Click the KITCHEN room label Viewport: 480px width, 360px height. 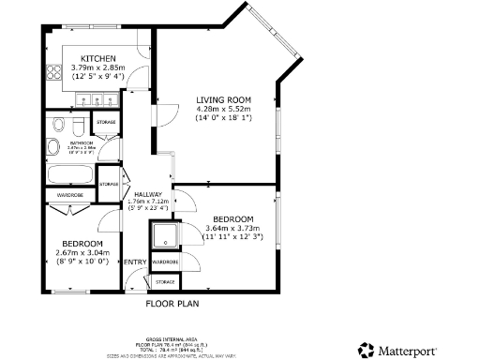tap(98, 58)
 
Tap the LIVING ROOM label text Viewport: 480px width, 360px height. tap(224, 99)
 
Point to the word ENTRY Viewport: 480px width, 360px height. tap(135, 262)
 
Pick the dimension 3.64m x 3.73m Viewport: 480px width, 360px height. tap(231, 228)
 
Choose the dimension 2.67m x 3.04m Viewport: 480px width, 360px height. tap(83, 252)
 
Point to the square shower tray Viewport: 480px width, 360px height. tap(165, 234)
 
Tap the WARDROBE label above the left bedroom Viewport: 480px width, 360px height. tap(70, 195)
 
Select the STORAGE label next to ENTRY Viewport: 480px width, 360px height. tap(165, 281)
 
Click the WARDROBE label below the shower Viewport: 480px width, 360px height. tap(165, 262)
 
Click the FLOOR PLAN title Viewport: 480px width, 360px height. tap(172, 304)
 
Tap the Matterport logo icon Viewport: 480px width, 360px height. tap(367, 349)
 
